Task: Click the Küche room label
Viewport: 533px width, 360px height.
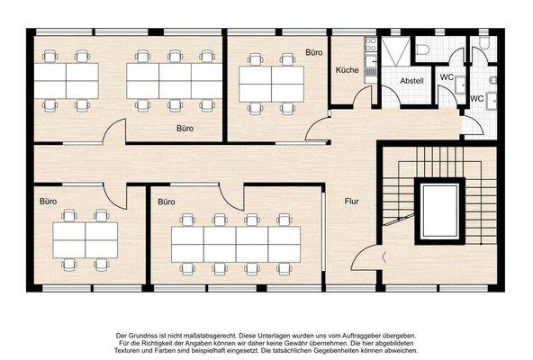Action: tap(348, 69)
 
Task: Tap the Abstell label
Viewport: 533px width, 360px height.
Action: tap(412, 81)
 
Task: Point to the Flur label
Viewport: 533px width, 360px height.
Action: tap(352, 201)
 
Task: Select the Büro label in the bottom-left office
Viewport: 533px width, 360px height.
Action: tap(48, 202)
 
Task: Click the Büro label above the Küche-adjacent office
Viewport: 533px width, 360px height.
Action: tap(314, 54)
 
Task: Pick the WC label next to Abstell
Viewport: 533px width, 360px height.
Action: tap(447, 77)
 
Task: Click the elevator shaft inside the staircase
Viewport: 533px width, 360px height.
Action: tap(440, 211)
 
